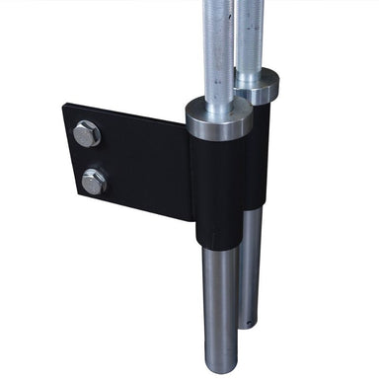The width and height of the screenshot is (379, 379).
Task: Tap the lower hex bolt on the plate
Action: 94,180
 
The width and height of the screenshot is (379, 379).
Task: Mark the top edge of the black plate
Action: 128,111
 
